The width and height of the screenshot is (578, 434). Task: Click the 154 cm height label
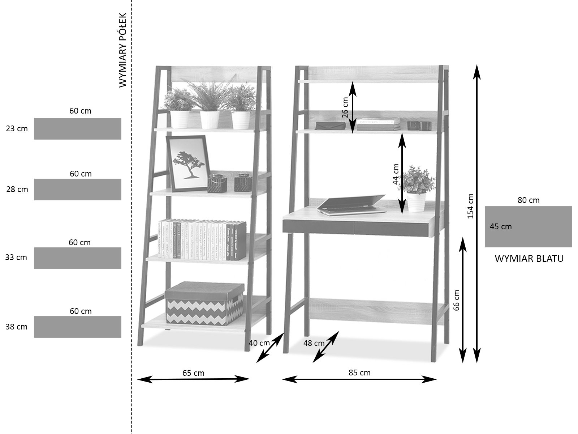[x=470, y=206]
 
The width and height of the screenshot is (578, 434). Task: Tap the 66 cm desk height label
[x=456, y=300]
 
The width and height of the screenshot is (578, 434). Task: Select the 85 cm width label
[x=359, y=373]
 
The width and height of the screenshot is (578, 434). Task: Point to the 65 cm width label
[x=193, y=373]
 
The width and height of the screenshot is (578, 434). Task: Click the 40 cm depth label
[x=259, y=343]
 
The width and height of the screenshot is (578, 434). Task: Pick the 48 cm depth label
[x=314, y=343]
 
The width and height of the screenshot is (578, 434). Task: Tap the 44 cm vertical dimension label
[x=396, y=174]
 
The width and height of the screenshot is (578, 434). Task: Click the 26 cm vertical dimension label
[x=345, y=107]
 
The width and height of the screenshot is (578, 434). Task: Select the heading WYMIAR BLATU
[x=529, y=259]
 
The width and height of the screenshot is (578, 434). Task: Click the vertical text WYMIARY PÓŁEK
[x=123, y=50]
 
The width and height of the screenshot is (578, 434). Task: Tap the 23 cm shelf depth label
[x=17, y=128]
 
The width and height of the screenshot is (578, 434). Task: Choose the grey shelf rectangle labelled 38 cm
[x=78, y=327]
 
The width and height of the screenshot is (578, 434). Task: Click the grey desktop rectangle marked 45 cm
[x=529, y=227]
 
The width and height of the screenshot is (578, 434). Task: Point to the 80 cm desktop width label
[x=529, y=200]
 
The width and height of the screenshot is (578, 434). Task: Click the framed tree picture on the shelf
[x=188, y=163]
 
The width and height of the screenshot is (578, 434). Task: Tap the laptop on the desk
[x=352, y=205]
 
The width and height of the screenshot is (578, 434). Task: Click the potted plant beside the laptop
[x=417, y=188]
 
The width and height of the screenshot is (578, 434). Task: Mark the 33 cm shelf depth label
[x=16, y=258]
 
